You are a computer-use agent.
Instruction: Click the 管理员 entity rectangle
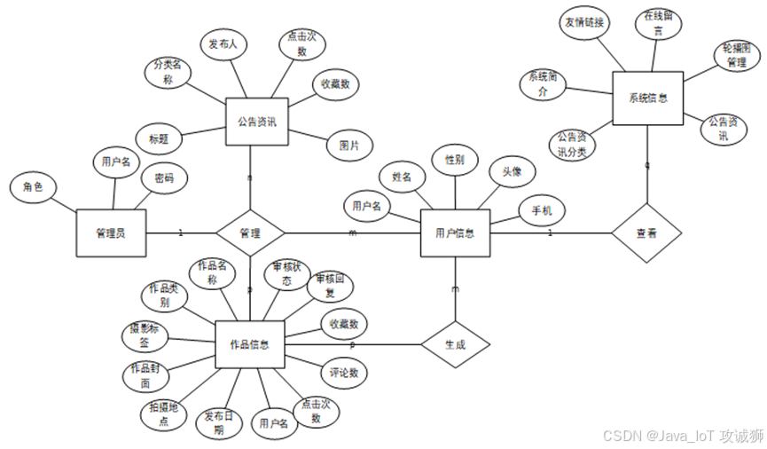(x=111, y=233)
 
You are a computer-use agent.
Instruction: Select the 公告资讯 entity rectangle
(x=257, y=122)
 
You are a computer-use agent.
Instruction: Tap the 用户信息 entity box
(x=455, y=233)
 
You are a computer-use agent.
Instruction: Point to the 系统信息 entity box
(x=647, y=98)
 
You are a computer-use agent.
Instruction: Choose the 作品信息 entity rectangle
(x=249, y=344)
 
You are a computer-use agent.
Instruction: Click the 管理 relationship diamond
(x=250, y=233)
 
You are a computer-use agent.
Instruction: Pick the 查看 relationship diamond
(x=646, y=233)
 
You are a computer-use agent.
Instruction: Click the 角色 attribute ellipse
(x=33, y=187)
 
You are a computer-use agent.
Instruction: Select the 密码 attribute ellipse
(x=165, y=178)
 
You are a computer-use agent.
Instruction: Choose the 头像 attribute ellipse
(x=512, y=172)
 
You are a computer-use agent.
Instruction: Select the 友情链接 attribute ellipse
(x=584, y=23)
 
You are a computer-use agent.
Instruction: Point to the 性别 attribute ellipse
(x=455, y=161)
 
